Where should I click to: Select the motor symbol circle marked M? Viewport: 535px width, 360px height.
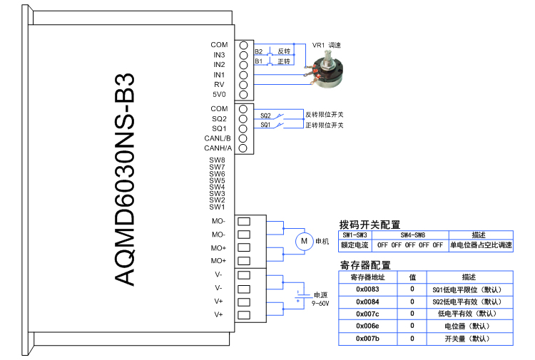tap(304, 242)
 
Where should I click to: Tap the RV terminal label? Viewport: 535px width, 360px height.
tap(220, 84)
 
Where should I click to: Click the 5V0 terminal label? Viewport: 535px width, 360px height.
tap(219, 94)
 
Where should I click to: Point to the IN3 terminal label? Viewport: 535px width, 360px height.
tap(219, 55)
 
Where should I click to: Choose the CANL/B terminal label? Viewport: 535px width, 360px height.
tap(218, 138)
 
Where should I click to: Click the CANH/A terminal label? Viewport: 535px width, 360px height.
tap(218, 148)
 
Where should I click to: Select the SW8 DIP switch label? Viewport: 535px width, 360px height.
tap(218, 160)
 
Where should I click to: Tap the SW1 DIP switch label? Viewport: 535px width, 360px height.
tap(218, 207)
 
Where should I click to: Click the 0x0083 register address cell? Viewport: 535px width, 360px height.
tap(367, 289)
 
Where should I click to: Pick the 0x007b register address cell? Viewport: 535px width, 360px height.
tap(367, 338)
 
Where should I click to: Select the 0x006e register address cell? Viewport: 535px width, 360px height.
tap(367, 326)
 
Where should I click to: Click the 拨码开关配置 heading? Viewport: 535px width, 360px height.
tap(370, 225)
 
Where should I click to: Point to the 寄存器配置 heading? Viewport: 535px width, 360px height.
tap(365, 265)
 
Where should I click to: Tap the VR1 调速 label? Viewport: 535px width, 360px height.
tap(327, 45)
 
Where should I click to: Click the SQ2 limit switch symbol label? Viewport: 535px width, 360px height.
tap(265, 115)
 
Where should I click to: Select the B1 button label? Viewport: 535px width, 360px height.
tap(259, 62)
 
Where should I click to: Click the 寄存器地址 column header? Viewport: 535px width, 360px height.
tap(367, 277)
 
